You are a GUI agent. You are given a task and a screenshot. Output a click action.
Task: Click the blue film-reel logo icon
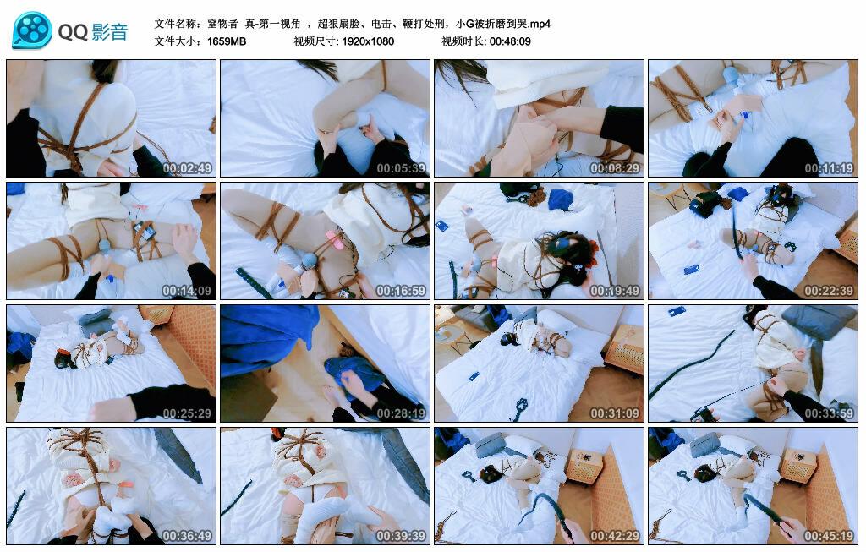[x=32, y=31]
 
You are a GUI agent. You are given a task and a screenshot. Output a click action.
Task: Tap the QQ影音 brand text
[x=93, y=32]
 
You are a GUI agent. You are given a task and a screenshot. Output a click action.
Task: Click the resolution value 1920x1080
[x=368, y=41]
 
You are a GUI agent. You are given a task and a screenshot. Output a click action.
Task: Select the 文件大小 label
[x=178, y=41]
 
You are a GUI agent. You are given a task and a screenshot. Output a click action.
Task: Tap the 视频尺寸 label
[x=315, y=41]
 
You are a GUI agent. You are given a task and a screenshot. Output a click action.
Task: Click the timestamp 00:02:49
[x=187, y=168]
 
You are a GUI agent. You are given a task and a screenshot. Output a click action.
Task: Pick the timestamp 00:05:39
[x=401, y=168]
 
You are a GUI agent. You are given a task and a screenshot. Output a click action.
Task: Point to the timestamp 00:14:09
[x=187, y=291]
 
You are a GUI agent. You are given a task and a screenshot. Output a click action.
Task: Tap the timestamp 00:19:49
[x=615, y=291]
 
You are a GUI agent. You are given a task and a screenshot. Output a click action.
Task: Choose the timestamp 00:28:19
[x=401, y=413]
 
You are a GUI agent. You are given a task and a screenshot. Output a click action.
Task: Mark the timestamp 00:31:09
[x=615, y=413]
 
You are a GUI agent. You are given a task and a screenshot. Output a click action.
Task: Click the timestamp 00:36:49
[x=187, y=536]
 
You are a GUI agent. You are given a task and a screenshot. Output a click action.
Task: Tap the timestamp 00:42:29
[x=615, y=536]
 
